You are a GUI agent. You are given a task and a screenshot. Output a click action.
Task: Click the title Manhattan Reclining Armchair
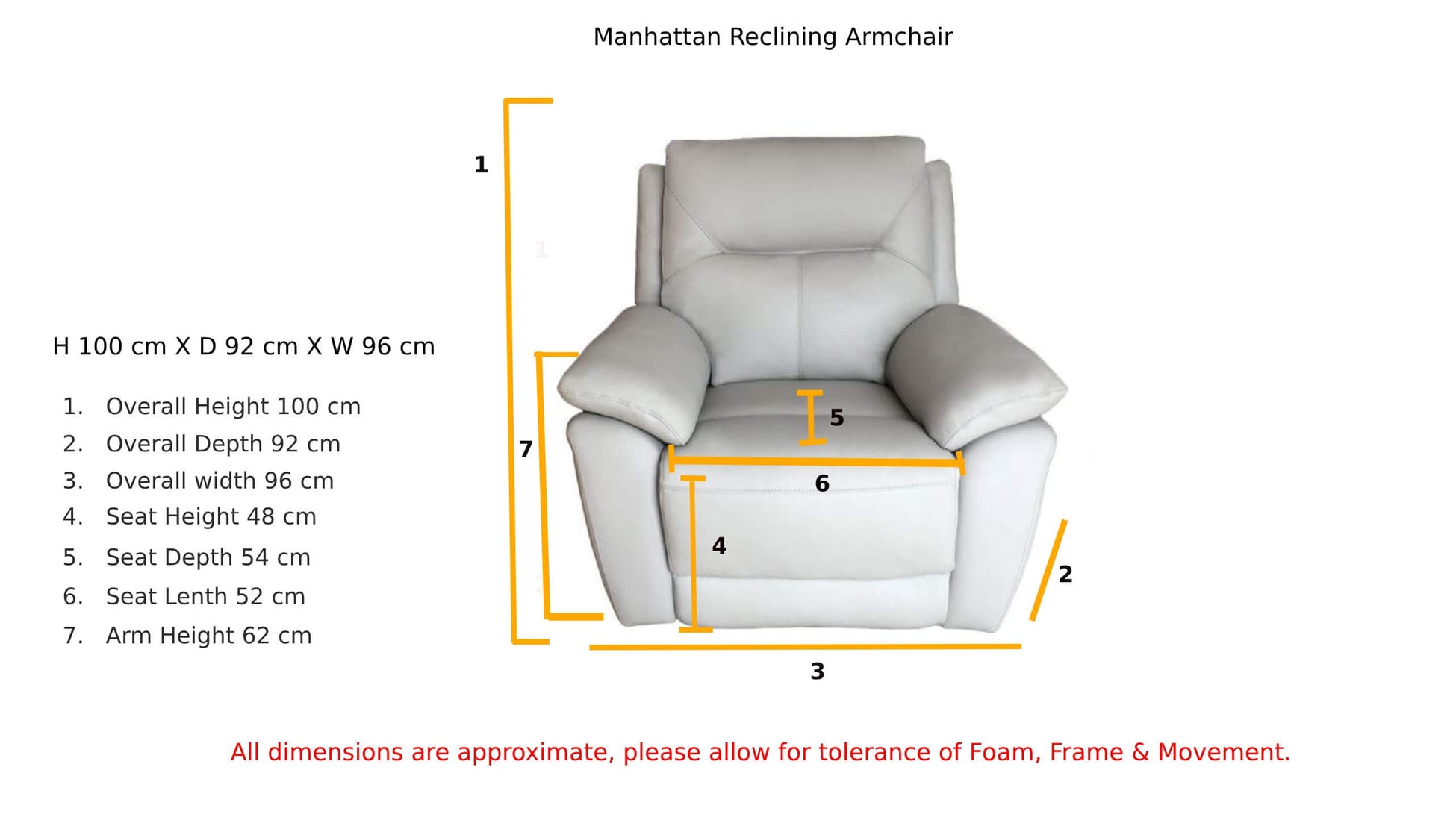click(x=773, y=37)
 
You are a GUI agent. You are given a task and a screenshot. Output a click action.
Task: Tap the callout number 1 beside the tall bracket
click(x=481, y=165)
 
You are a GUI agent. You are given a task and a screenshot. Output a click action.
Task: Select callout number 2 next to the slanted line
click(x=1065, y=574)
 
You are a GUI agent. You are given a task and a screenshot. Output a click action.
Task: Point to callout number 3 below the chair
click(x=818, y=672)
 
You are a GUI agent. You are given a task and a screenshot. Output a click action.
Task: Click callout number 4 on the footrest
click(x=719, y=546)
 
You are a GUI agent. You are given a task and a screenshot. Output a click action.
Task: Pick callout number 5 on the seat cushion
click(x=837, y=418)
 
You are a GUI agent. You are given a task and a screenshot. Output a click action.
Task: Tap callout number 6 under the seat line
click(x=822, y=484)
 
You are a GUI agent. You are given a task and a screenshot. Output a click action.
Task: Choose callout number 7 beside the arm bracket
click(x=526, y=450)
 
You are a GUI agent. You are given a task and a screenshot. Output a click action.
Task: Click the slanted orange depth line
click(x=1048, y=570)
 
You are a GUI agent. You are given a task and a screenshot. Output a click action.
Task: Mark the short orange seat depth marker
click(x=811, y=418)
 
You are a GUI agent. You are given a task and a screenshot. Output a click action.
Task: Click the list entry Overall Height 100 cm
click(x=233, y=407)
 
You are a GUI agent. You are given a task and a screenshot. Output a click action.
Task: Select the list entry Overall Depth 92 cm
click(x=223, y=444)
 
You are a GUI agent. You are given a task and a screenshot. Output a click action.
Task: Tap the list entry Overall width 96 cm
click(x=220, y=481)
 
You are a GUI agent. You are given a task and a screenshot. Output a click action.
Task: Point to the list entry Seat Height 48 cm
click(x=211, y=516)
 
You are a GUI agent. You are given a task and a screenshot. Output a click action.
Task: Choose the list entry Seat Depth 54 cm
click(x=208, y=557)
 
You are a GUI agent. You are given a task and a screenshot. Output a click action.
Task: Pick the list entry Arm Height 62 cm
click(x=209, y=636)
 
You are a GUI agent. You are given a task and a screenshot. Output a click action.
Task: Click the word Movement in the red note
click(x=1224, y=752)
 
